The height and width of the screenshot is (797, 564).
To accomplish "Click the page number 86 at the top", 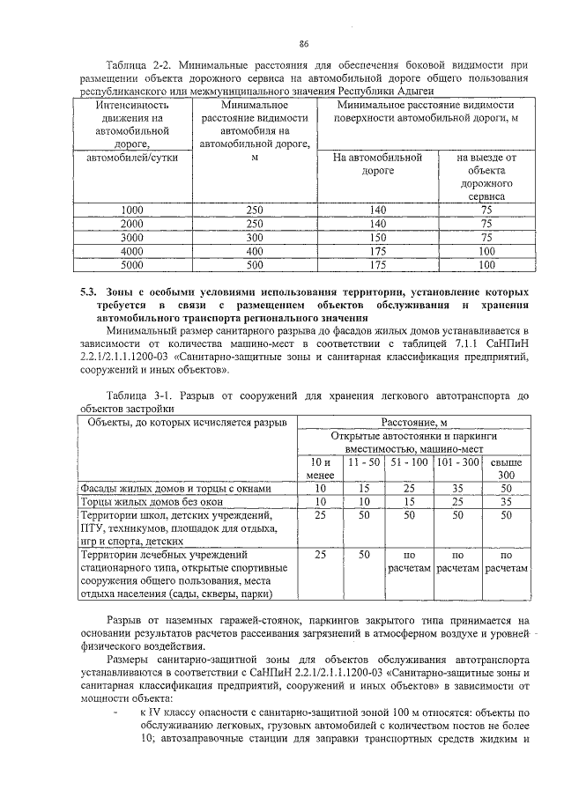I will pos(303,44).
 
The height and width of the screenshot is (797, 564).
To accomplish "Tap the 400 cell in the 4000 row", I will pos(255,250).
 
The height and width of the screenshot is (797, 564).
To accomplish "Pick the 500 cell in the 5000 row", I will pos(255,263).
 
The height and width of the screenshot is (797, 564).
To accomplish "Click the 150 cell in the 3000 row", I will pos(378,237).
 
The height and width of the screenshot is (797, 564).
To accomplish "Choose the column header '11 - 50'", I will pos(362,461).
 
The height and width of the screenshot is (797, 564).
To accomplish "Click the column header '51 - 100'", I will pos(409,461).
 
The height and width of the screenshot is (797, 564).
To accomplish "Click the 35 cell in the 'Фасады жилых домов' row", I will pos(456,489).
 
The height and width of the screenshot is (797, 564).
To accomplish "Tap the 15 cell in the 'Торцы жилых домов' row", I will pos(409,502).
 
